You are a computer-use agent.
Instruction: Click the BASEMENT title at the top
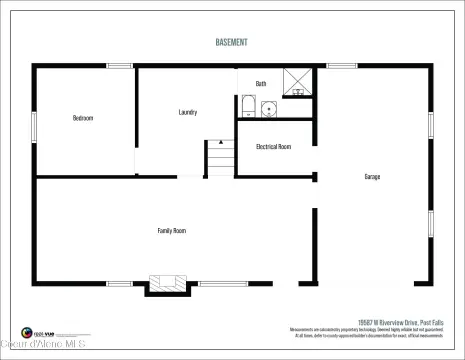232,43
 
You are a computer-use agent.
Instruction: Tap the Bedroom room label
83,118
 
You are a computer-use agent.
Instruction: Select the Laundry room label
187,112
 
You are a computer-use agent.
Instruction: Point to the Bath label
261,84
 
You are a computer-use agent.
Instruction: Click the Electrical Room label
273,147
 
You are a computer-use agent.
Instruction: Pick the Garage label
371,177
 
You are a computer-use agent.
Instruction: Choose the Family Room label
172,231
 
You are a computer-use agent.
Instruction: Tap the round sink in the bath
268,108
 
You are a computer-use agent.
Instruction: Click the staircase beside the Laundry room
220,158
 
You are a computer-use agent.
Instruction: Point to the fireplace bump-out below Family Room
168,285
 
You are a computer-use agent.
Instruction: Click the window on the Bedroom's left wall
34,126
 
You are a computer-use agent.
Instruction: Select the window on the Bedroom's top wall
120,66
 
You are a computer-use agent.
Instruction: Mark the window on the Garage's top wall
341,66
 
